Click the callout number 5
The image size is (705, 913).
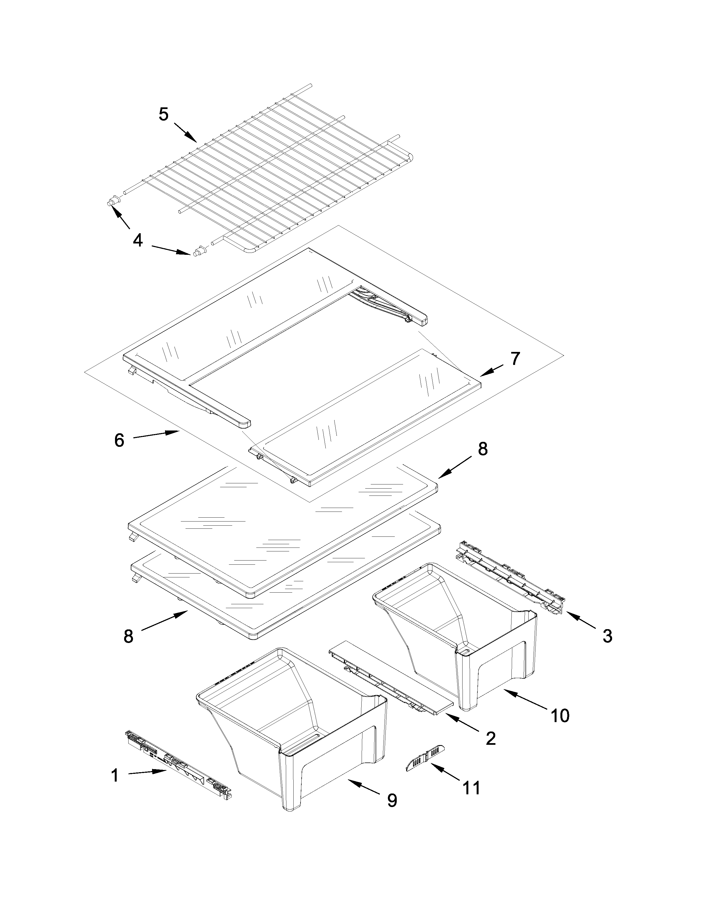click(x=164, y=114)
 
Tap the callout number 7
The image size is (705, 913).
click(x=515, y=358)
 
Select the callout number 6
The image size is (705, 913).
click(x=119, y=440)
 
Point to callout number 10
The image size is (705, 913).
click(x=560, y=716)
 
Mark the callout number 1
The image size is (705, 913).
click(x=114, y=775)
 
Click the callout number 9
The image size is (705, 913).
click(x=392, y=800)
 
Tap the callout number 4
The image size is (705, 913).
click(x=138, y=240)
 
